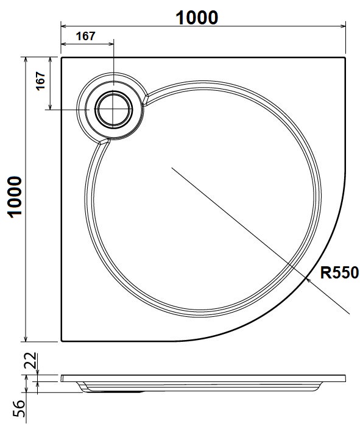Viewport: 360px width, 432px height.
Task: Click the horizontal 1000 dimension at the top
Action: coord(197,18)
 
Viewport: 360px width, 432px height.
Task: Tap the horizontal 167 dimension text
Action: coord(85,35)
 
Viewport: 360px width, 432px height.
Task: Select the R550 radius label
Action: coord(340,272)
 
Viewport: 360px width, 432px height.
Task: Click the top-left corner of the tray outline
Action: coord(62,58)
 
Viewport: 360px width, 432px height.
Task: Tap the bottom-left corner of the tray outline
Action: coord(62,341)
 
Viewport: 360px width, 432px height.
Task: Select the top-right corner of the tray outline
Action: coord(345,58)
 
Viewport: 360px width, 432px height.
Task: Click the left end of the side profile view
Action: coord(63,378)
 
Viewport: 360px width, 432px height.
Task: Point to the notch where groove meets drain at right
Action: coord(146,101)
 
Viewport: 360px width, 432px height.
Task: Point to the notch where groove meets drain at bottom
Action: coord(104,141)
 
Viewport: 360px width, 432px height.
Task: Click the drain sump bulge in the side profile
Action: coord(116,390)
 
